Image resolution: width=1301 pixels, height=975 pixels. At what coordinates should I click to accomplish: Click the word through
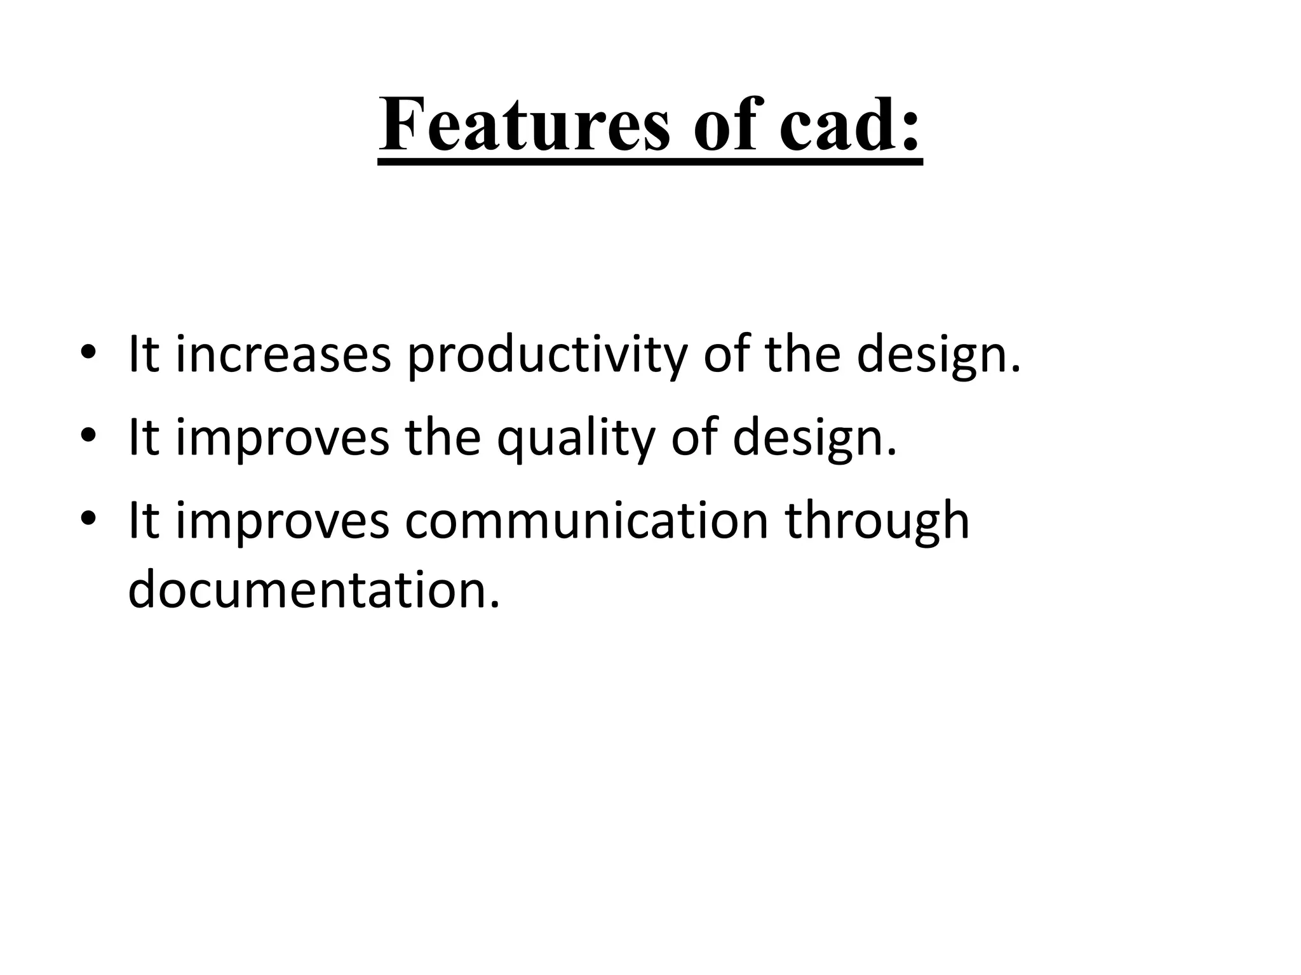tap(877, 522)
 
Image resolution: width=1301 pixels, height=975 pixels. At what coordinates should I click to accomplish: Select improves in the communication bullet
tap(283, 522)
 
